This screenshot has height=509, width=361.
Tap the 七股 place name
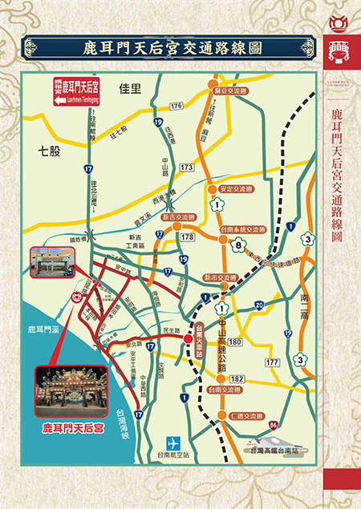click(49, 150)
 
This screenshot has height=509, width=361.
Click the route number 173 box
click(186, 167)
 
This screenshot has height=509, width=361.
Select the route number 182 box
click(237, 378)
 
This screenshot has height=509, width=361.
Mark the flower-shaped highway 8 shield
click(237, 247)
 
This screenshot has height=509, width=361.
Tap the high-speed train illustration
click(264, 441)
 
